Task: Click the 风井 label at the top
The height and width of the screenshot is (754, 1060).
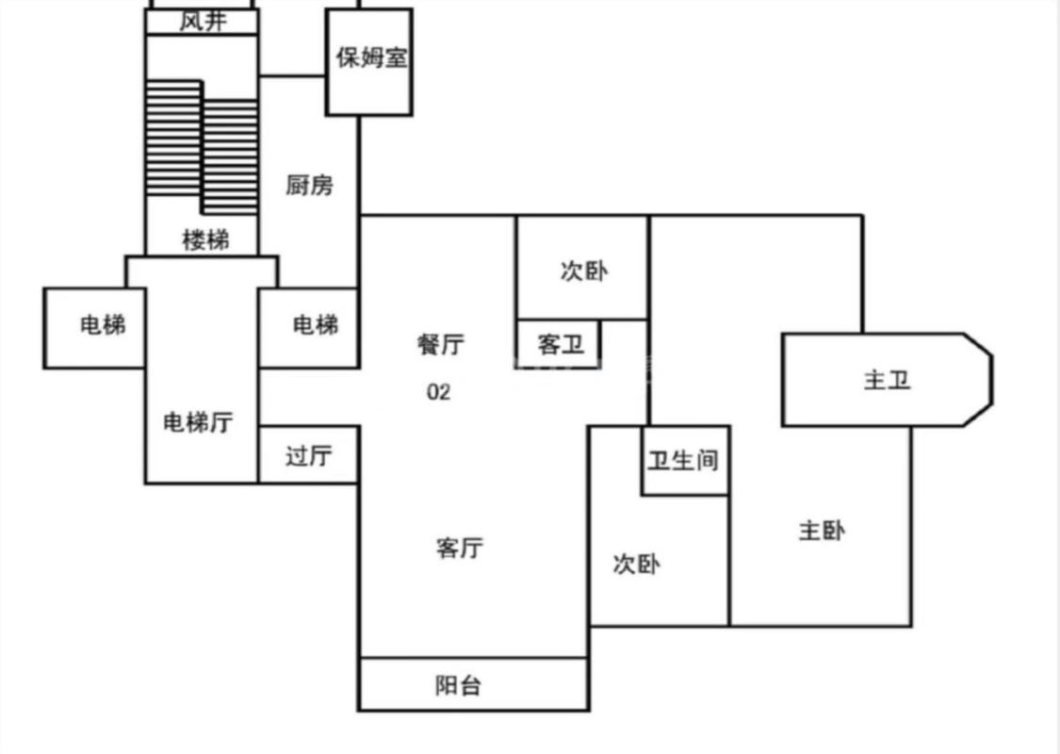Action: (x=203, y=22)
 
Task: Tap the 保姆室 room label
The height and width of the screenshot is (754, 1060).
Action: (x=370, y=57)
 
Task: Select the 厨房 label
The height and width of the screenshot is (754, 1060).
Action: (x=309, y=185)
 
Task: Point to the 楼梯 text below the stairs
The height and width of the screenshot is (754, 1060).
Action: (x=204, y=240)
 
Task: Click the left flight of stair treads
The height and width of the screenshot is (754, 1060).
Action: (x=173, y=138)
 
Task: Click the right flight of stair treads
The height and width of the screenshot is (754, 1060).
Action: (x=230, y=156)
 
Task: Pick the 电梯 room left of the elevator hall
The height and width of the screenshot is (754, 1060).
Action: (x=101, y=326)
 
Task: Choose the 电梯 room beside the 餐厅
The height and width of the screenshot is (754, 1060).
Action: (x=315, y=326)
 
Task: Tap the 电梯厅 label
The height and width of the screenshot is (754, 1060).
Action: (x=198, y=423)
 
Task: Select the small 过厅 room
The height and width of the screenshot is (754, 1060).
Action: (x=309, y=456)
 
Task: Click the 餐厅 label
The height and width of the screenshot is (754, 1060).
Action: (x=440, y=345)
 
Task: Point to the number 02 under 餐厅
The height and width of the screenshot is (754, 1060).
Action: (x=439, y=392)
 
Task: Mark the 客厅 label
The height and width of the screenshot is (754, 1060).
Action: (x=460, y=548)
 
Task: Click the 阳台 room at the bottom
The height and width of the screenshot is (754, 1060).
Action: (x=459, y=685)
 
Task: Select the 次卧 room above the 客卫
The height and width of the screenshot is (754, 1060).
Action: (x=583, y=271)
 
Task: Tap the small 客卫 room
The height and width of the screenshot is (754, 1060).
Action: (x=560, y=345)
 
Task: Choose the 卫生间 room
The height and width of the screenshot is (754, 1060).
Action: (x=684, y=460)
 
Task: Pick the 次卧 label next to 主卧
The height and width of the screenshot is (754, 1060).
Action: (x=637, y=565)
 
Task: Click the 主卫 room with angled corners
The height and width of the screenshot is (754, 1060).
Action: (x=887, y=381)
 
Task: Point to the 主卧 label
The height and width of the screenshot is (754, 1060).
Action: (x=822, y=532)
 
